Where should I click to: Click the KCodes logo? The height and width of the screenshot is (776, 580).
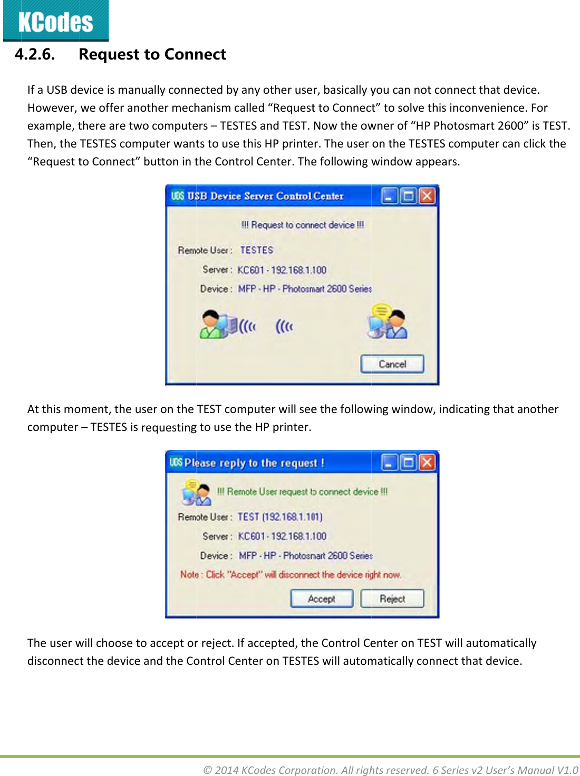(55, 21)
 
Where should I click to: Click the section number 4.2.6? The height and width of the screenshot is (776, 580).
(35, 54)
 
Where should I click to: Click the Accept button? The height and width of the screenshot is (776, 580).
(322, 599)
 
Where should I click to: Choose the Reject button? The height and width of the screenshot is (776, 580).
(392, 599)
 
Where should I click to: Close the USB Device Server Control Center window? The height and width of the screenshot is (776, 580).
(427, 196)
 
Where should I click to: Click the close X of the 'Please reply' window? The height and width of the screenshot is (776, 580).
(427, 463)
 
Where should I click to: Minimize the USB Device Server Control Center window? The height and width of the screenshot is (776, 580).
(389, 196)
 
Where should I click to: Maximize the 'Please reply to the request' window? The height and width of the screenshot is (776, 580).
(408, 463)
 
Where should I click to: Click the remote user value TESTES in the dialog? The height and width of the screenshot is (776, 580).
(257, 250)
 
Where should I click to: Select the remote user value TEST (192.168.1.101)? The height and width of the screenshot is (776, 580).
(280, 517)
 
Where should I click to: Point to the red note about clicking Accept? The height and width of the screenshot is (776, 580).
(291, 575)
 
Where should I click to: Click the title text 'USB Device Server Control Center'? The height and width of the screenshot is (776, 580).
(265, 196)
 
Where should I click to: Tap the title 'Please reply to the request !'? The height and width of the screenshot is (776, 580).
(254, 463)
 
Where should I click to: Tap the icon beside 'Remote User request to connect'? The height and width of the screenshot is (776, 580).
(196, 492)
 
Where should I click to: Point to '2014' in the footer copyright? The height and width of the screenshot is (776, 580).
(226, 770)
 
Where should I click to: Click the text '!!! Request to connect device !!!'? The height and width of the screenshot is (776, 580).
(303, 225)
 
